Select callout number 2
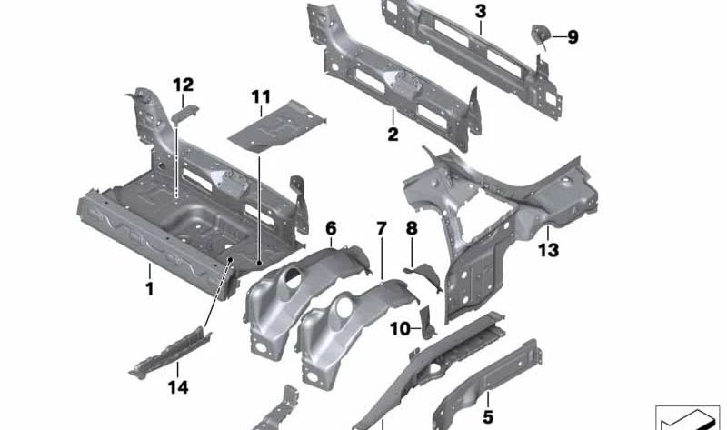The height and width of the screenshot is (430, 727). pyautogui.click(x=393, y=135)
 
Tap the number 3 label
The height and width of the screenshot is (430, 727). pyautogui.click(x=481, y=12)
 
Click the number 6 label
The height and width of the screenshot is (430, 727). pyautogui.click(x=331, y=227)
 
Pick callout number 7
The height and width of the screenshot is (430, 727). pyautogui.click(x=382, y=227)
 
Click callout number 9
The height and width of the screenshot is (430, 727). pyautogui.click(x=572, y=37)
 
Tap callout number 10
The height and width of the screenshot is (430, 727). pyautogui.click(x=401, y=329)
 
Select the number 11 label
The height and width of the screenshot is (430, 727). pyautogui.click(x=262, y=95)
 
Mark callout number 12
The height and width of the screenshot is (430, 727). pyautogui.click(x=184, y=85)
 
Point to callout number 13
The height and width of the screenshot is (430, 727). pyautogui.click(x=548, y=249)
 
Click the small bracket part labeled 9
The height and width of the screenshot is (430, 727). pyautogui.click(x=539, y=35)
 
